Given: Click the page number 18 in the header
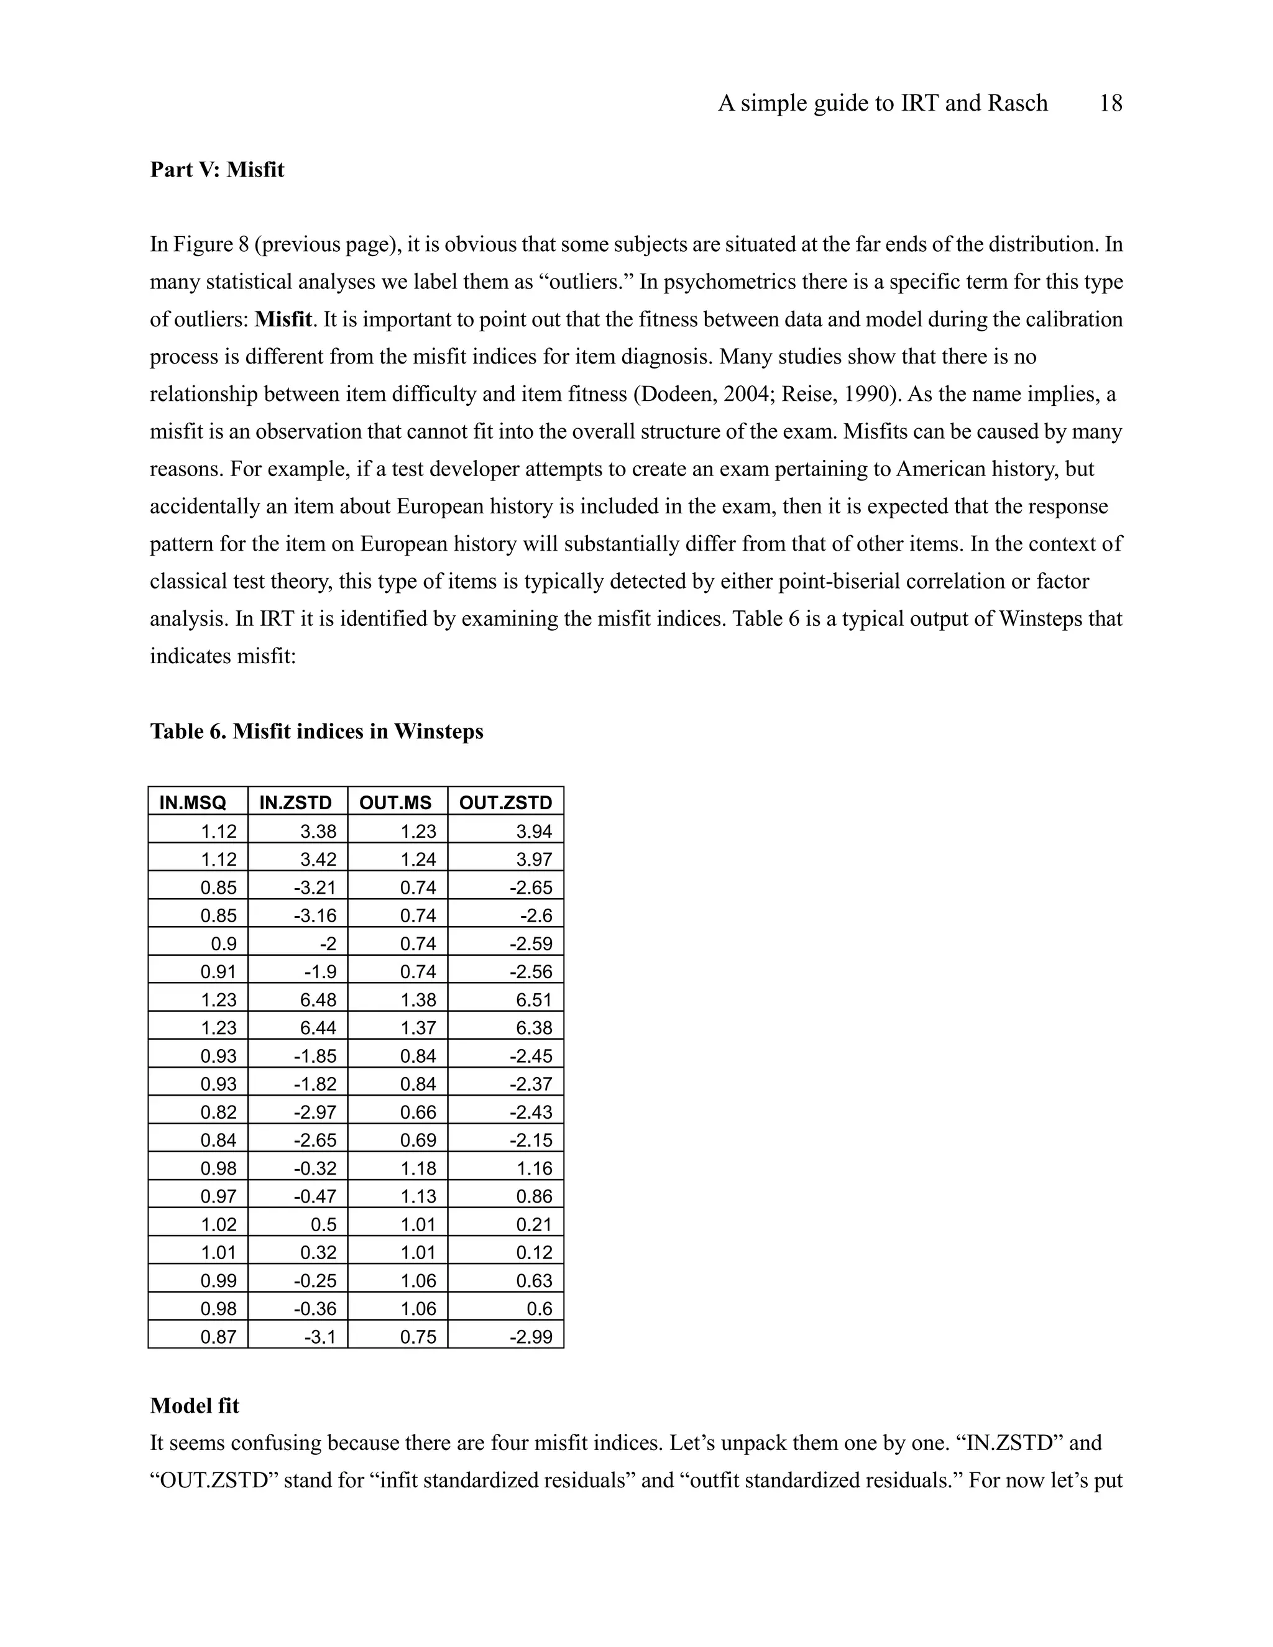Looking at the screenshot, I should (x=1110, y=103).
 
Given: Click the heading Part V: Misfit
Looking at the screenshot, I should (x=217, y=170).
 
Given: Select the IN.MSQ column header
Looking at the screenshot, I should (x=193, y=803).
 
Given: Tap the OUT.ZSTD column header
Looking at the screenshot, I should (x=505, y=803).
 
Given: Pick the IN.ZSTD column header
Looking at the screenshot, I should (x=296, y=803).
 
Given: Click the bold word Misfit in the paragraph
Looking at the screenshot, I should (x=283, y=319).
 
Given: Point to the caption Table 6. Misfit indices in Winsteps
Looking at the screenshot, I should (x=317, y=732).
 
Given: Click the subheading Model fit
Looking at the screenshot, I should (x=195, y=1406).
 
